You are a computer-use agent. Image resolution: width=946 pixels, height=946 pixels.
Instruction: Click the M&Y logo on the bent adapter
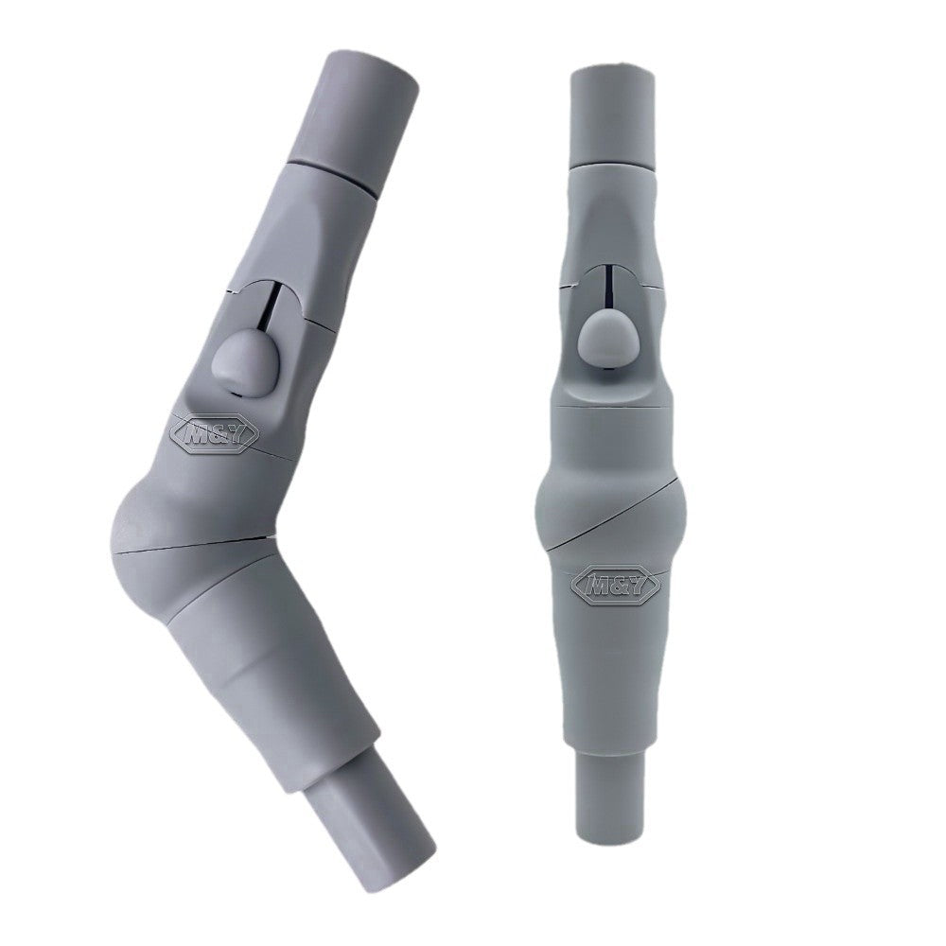click(x=214, y=432)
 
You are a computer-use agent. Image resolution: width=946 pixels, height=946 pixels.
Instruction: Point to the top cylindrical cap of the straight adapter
click(x=614, y=116)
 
